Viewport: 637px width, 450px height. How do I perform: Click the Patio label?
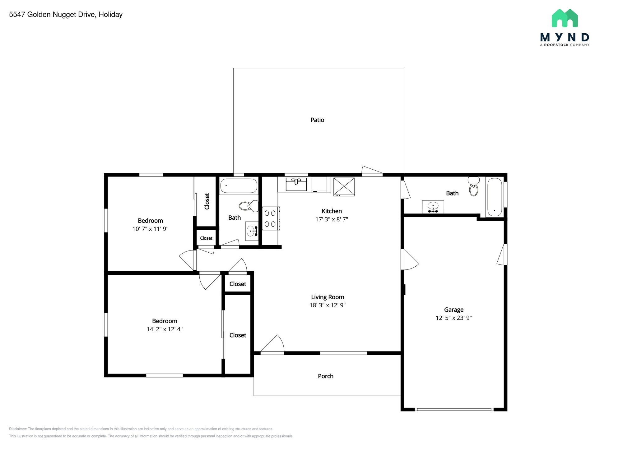pos(317,120)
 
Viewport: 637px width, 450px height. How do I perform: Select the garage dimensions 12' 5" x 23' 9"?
pos(453,318)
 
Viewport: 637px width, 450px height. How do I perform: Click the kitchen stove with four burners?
pos(270,218)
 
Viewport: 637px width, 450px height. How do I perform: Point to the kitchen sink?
pos(296,184)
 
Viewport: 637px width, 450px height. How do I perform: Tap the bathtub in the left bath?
pos(239,186)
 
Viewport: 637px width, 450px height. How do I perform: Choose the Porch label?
pos(325,376)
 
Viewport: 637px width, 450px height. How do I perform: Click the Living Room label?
pos(327,297)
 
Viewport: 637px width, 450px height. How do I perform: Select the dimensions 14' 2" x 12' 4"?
pos(165,329)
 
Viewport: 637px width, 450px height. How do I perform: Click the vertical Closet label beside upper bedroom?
pos(207,201)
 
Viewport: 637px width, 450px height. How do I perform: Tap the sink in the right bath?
pos(433,207)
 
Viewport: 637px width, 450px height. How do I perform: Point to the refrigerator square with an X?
pos(344,186)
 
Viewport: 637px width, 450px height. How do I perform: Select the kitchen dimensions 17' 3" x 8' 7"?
pos(332,219)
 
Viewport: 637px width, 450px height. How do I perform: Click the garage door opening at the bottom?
pos(454,410)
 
